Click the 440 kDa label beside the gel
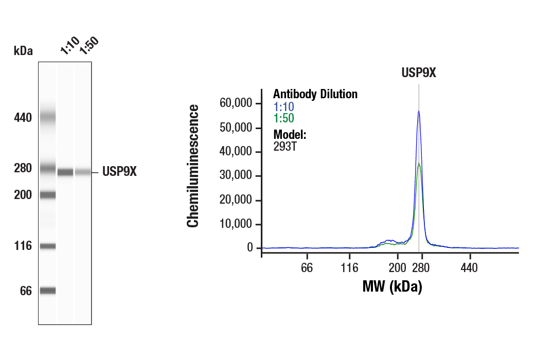point(23,118)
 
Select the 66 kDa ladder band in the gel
point(47,291)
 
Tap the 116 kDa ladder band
point(47,246)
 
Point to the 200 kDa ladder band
point(47,194)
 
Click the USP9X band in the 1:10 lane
point(65,172)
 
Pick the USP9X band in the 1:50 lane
point(83,172)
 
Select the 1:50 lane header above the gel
point(88,46)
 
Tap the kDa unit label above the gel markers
point(23,51)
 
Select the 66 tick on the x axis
point(307,267)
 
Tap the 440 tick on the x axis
point(469,267)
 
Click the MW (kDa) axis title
point(392,287)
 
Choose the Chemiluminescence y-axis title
point(193,166)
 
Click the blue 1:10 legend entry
point(283,107)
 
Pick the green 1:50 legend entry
point(283,118)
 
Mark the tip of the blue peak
point(419,111)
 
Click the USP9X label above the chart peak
point(419,73)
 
